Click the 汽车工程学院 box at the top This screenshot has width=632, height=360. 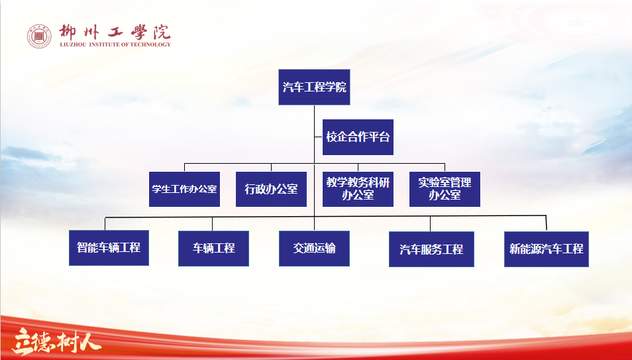tap(314, 87)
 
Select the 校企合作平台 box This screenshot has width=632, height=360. tap(358, 137)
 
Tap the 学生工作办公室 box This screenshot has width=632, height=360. tap(184, 189)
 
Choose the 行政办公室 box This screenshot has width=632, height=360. tap(271, 189)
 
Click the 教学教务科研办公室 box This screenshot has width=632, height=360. tap(358, 189)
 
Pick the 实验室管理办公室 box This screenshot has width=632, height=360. tap(445, 189)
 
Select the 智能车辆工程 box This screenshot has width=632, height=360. tap(109, 248)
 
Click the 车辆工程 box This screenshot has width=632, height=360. tap(213, 248)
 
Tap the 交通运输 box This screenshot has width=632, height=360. tap(315, 248)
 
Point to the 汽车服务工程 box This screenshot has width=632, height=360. tap(431, 249)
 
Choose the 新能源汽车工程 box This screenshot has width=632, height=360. tap(547, 249)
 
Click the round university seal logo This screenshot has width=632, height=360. tap(39, 36)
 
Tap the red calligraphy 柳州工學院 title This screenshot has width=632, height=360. tap(115, 32)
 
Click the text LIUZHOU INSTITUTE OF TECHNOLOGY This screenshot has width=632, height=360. tap(115, 44)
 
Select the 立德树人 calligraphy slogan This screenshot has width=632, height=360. tap(56, 342)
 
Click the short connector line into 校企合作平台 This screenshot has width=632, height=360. tap(319, 137)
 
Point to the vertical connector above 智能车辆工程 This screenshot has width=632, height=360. tap(105, 224)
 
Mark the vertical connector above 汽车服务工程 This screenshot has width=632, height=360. tap(430, 224)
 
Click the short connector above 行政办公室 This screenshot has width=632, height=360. tap(271, 168)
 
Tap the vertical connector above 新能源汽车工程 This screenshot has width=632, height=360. tap(546, 223)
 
